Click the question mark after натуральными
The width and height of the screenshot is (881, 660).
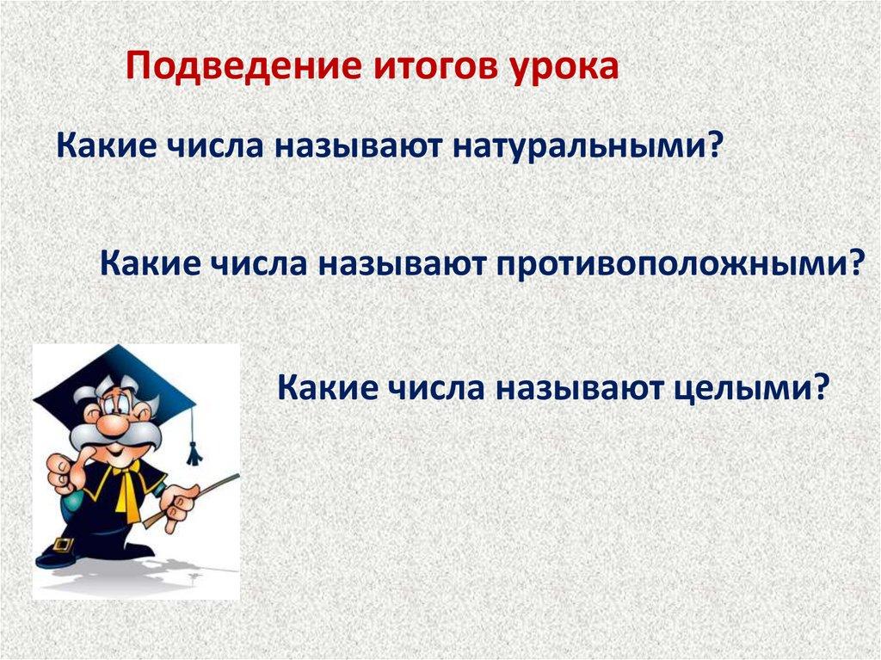[x=712, y=144]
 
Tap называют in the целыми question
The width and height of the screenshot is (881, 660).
[x=579, y=387]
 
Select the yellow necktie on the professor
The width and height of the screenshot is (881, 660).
[x=131, y=489]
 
